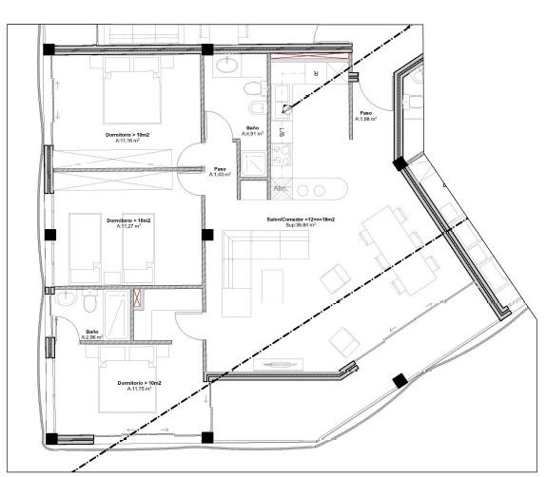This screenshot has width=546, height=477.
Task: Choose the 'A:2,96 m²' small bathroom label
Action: point(91,336)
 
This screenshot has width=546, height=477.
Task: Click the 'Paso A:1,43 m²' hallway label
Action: point(220,173)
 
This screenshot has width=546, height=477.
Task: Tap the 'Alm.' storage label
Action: point(281,188)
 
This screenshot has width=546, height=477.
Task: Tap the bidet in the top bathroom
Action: point(251,89)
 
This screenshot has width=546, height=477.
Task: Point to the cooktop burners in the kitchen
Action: point(281,153)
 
